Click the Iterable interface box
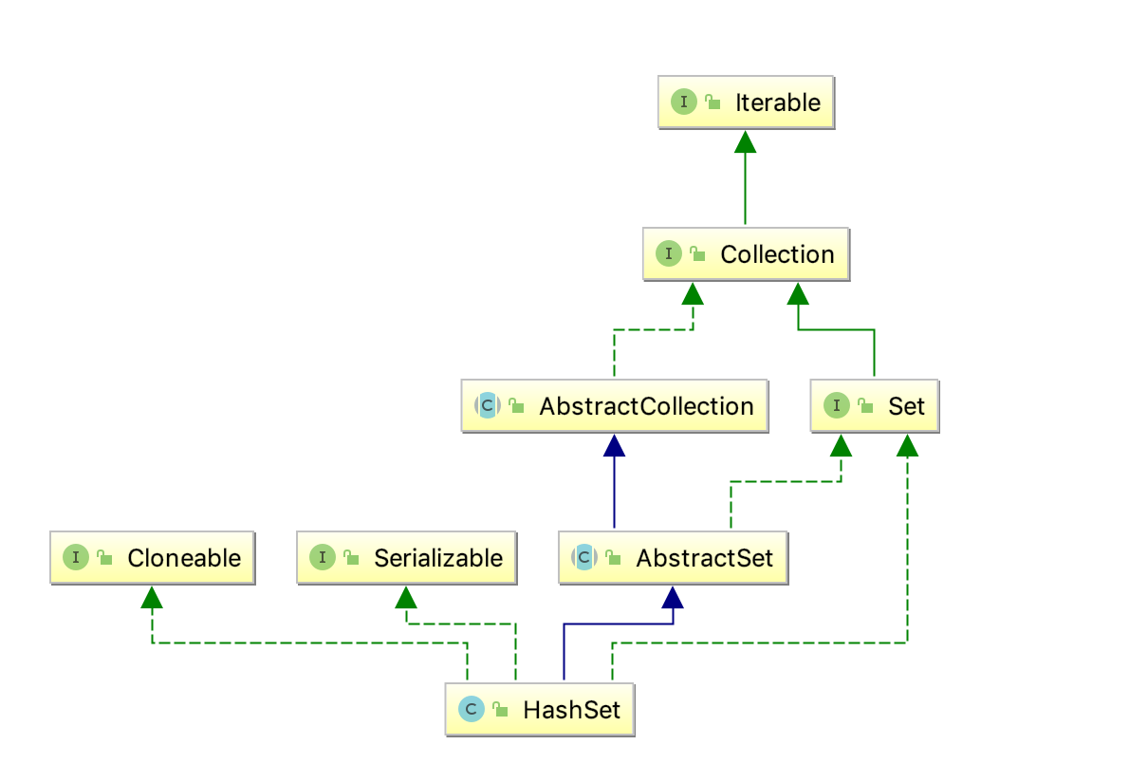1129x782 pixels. pyautogui.click(x=746, y=102)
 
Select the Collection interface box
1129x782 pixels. pyautogui.click(x=746, y=254)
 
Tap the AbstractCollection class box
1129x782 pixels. pyautogui.click(x=615, y=406)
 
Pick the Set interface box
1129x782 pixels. pyautogui.click(x=874, y=406)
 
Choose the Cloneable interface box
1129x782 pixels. pyautogui.click(x=152, y=558)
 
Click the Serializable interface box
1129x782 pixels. pyautogui.click(x=406, y=558)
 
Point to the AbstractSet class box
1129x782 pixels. pyautogui.click(x=673, y=558)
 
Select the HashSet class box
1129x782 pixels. pyautogui.click(x=540, y=710)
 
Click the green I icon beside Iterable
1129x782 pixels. pyautogui.click(x=684, y=102)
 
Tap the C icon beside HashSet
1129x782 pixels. pyautogui.click(x=472, y=710)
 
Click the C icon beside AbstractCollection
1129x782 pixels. pyautogui.click(x=487, y=406)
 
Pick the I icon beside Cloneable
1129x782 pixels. pyautogui.click(x=76, y=558)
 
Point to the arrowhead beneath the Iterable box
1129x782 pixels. pyautogui.click(x=746, y=141)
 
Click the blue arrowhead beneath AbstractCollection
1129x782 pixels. pyautogui.click(x=615, y=445)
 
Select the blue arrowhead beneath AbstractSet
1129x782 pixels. pyautogui.click(x=673, y=597)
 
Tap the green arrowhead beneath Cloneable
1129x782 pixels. pyautogui.click(x=152, y=597)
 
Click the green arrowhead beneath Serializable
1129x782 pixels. pyautogui.click(x=406, y=597)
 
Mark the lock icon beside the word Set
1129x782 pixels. pyautogui.click(x=865, y=407)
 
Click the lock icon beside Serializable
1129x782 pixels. pyautogui.click(x=351, y=559)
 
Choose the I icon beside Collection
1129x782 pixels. pyautogui.click(x=669, y=254)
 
